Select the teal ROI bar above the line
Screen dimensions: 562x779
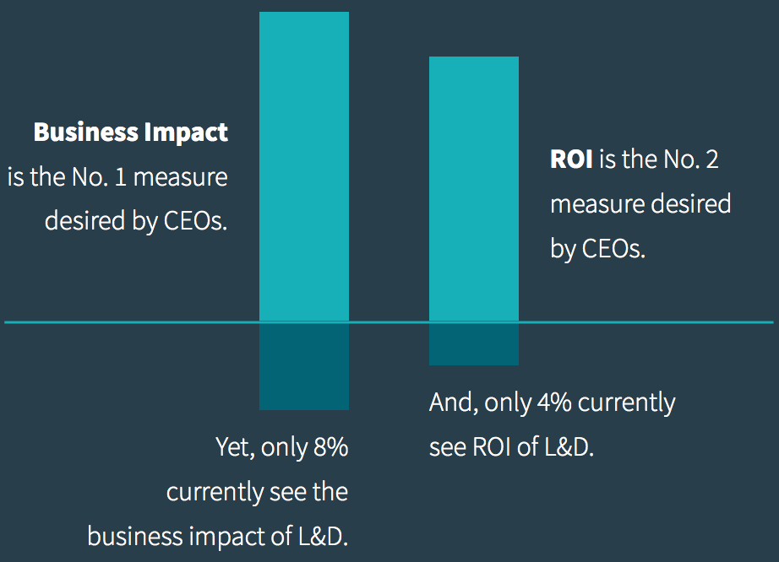[474, 189]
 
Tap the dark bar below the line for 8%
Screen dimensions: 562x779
[303, 365]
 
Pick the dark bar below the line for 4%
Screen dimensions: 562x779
[474, 343]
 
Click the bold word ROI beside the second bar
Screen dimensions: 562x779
[571, 159]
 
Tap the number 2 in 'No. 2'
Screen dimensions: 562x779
[711, 159]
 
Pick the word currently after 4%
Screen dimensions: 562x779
[628, 403]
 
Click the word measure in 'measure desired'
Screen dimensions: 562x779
[600, 204]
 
